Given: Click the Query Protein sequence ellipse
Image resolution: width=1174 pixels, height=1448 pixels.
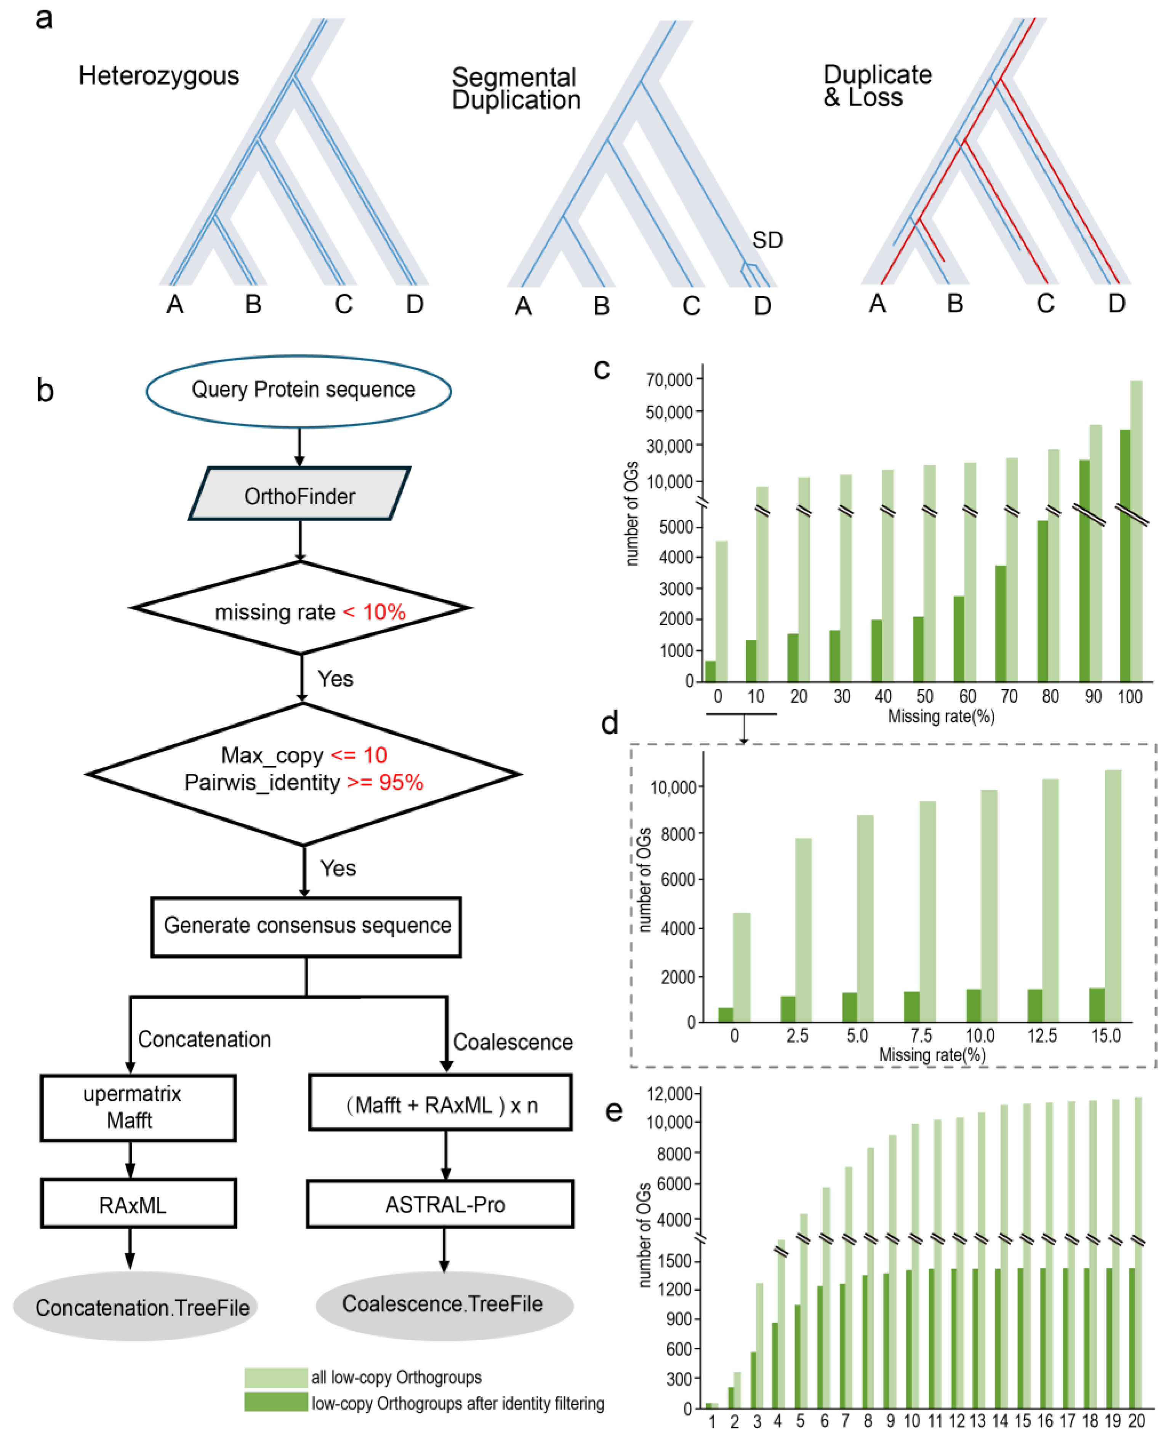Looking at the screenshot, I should click(x=299, y=391).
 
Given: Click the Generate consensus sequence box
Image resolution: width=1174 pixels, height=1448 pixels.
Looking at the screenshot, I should click(x=306, y=925).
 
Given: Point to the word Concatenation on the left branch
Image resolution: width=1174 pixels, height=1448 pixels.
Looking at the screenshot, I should click(x=204, y=1038).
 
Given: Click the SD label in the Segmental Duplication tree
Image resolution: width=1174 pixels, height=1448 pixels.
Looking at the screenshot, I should click(x=767, y=240).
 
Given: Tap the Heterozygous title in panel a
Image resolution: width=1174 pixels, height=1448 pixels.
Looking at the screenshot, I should click(x=159, y=76).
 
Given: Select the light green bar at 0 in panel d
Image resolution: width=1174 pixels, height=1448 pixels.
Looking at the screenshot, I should click(x=741, y=967).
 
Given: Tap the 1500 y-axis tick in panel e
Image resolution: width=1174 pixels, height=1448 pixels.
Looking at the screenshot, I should click(x=675, y=1261).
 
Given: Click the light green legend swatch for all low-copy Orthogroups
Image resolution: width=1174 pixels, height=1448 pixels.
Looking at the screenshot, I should click(x=276, y=1377).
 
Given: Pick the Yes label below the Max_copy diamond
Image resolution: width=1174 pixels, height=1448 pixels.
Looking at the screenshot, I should click(x=338, y=868).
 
